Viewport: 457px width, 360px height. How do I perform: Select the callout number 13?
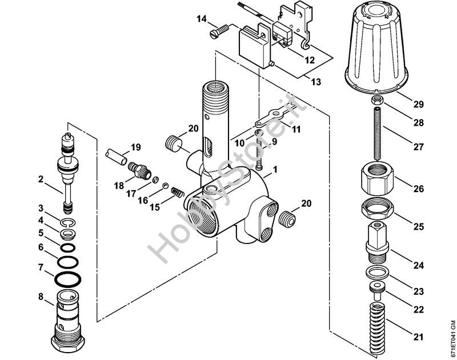point(316,82)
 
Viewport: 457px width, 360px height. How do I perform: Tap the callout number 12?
point(308,59)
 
